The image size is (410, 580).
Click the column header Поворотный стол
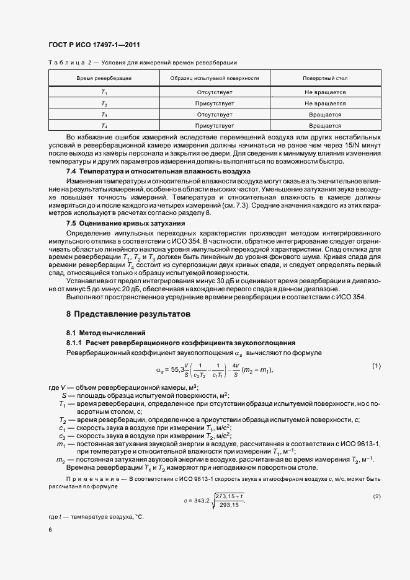point(325,79)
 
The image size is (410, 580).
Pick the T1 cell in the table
point(104,92)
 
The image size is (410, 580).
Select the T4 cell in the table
point(104,126)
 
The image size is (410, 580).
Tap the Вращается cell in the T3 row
point(325,115)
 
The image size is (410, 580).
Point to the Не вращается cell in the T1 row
point(325,92)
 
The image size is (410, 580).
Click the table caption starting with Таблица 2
point(142,63)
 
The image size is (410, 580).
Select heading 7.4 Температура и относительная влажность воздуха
point(158,170)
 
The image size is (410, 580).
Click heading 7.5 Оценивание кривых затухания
point(125,222)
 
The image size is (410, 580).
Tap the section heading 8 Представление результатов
point(128,314)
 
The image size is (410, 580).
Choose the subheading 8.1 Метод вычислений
point(106,333)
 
